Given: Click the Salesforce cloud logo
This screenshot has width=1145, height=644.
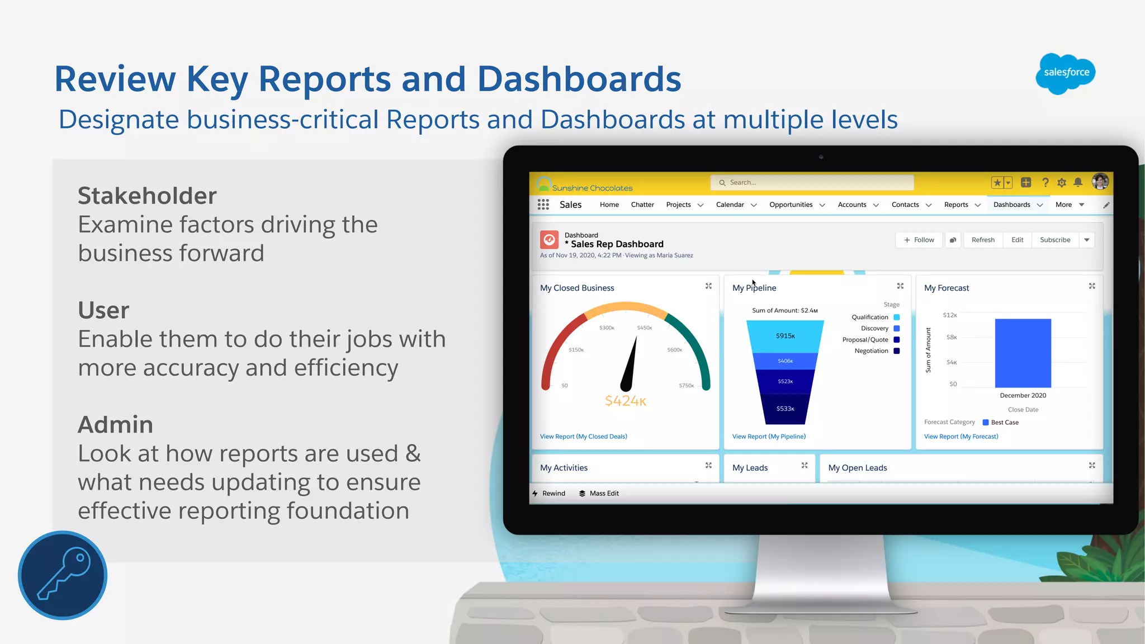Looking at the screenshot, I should click(1065, 73).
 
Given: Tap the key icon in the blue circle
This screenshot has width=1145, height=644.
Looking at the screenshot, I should click(63, 575).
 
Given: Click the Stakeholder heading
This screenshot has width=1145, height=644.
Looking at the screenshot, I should click(147, 196).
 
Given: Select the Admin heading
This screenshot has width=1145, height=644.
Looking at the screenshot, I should click(115, 424).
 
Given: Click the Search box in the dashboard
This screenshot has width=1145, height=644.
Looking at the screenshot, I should click(812, 183).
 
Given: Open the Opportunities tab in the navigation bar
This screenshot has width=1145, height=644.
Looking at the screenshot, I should click(791, 205).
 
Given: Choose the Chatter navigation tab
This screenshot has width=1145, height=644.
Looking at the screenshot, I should click(642, 205).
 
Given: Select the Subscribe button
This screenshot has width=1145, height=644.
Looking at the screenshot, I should click(1055, 240).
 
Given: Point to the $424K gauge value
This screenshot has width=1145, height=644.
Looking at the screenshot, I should click(626, 401).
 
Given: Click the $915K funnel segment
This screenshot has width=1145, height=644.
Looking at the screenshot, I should click(785, 336).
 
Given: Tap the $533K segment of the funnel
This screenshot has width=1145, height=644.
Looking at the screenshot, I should click(785, 409).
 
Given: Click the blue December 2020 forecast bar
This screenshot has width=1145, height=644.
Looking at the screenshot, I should click(1023, 353).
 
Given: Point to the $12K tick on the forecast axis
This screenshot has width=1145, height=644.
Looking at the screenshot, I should click(950, 315).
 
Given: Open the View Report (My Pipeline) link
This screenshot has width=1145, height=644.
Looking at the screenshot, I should click(769, 437).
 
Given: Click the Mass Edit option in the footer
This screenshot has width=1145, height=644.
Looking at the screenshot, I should click(604, 494).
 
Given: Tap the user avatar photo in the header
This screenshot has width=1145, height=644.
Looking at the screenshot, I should click(1100, 182).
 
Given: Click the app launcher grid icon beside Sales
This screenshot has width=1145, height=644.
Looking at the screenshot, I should click(543, 205).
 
